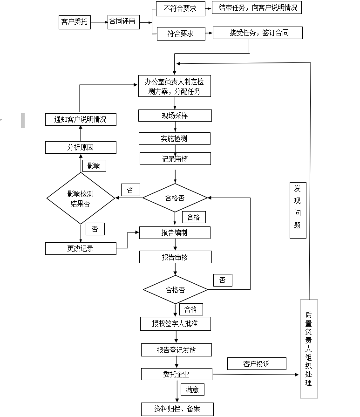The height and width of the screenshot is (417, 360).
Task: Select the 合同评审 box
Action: pos(123,21)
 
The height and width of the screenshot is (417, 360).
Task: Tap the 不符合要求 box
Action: pos(180,8)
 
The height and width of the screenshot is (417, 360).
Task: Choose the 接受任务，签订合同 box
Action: pos(258,33)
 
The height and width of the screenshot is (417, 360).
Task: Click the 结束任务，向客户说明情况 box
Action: pos(257,8)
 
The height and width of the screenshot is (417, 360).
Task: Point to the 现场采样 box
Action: pos(175,116)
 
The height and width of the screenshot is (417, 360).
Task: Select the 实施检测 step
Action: pos(174,138)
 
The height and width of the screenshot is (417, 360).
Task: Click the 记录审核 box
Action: pos(175,159)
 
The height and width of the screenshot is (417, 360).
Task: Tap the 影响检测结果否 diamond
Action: pos(81,198)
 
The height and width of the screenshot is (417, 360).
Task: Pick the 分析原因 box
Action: pos(81,148)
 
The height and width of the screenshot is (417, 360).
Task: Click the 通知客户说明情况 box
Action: pos(81,119)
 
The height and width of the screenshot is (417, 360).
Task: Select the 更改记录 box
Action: pos(81,248)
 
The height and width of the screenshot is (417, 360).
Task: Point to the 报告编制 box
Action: pos(175,232)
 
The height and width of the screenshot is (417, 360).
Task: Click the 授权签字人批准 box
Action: pos(175,323)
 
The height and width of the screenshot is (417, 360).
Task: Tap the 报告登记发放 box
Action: pos(177,350)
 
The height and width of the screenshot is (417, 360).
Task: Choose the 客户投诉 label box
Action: pos(257,364)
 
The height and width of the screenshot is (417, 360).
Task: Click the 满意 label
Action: pos(192,389)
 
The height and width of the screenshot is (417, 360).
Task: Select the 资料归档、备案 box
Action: pos(177,409)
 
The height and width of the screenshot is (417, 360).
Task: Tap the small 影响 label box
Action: pos(94,166)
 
